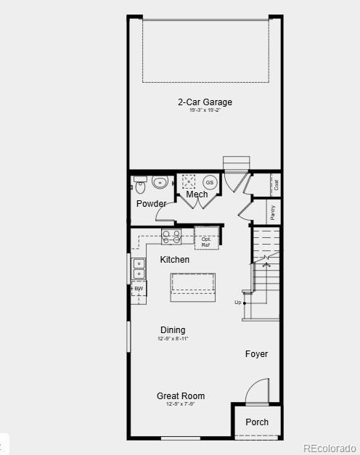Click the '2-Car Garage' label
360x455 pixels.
(205, 102)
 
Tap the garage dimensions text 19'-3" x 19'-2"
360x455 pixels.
(205, 111)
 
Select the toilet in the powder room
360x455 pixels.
(140, 186)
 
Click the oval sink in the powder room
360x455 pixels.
(160, 181)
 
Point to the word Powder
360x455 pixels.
(151, 204)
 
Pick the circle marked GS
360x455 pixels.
(209, 182)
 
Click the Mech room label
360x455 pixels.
(197, 194)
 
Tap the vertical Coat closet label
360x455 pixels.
(276, 184)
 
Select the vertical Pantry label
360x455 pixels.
(273, 212)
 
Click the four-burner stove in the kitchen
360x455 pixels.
(171, 237)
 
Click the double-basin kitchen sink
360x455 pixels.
(138, 269)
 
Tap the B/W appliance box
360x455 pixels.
(138, 289)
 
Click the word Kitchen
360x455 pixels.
(175, 260)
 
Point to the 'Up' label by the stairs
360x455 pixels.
(237, 302)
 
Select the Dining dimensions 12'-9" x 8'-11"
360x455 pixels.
(173, 339)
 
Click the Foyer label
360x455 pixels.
(256, 354)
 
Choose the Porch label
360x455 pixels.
(257, 422)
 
